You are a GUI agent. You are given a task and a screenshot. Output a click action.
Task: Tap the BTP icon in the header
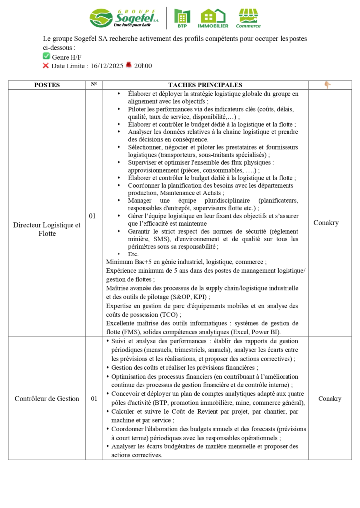click(x=182, y=18)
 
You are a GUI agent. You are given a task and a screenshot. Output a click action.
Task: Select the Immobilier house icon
click(x=213, y=18)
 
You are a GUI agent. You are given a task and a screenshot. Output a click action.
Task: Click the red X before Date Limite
click(x=46, y=65)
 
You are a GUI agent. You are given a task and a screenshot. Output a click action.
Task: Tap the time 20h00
click(x=143, y=65)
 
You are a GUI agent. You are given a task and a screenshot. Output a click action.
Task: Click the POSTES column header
click(x=47, y=85)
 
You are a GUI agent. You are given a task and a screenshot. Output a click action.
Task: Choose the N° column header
click(x=94, y=85)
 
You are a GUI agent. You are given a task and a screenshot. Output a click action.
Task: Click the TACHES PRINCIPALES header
click(x=205, y=85)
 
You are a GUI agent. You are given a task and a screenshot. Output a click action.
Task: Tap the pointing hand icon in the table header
click(x=328, y=85)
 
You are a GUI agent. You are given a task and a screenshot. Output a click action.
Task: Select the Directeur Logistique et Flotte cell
click(x=47, y=229)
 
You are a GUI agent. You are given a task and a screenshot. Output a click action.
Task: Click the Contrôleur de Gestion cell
click(x=47, y=398)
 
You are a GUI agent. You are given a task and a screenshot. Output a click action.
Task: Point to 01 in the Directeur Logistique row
click(x=93, y=216)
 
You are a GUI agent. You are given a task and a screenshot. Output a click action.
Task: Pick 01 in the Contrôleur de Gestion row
click(x=94, y=398)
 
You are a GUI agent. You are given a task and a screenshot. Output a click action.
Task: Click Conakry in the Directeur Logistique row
click(x=326, y=223)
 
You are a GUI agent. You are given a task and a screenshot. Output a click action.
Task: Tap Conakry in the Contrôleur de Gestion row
click(x=330, y=398)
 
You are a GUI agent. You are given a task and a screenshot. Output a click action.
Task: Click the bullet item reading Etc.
click(x=133, y=254)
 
